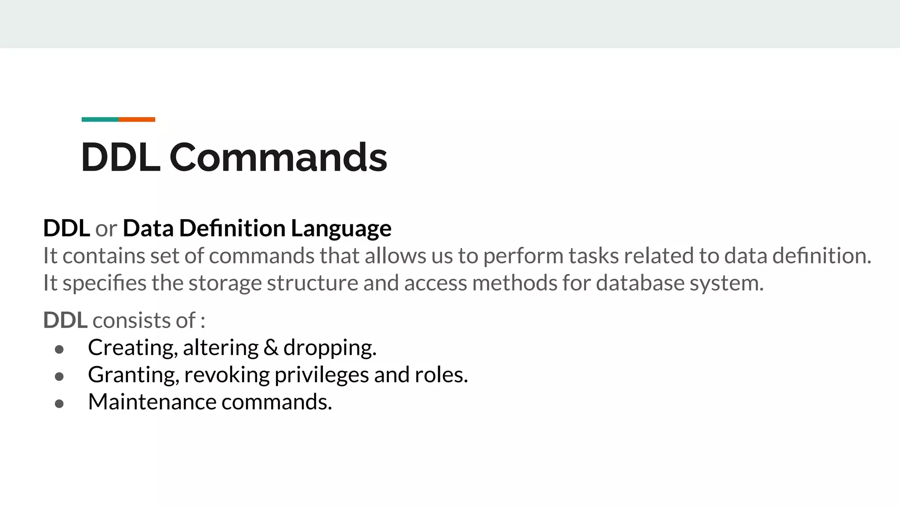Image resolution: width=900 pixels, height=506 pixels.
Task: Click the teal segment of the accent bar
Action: coord(100,119)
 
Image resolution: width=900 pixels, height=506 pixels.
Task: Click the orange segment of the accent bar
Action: coord(137,119)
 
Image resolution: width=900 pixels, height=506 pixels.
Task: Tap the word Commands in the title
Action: coord(278,157)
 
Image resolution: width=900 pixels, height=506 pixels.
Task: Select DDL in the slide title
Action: coord(120,157)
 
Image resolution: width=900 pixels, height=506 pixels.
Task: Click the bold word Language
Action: coord(341,229)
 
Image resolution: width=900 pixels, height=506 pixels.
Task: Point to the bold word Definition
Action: coord(232,228)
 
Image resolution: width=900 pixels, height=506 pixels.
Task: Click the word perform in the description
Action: coord(523,257)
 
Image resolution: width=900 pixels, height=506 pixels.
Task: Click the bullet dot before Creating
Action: coord(59,350)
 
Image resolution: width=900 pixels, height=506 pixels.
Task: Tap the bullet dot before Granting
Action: coord(59,377)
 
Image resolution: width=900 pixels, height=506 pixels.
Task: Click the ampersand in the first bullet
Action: coord(271,348)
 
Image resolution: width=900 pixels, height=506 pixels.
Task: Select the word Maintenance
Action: coord(152,402)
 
